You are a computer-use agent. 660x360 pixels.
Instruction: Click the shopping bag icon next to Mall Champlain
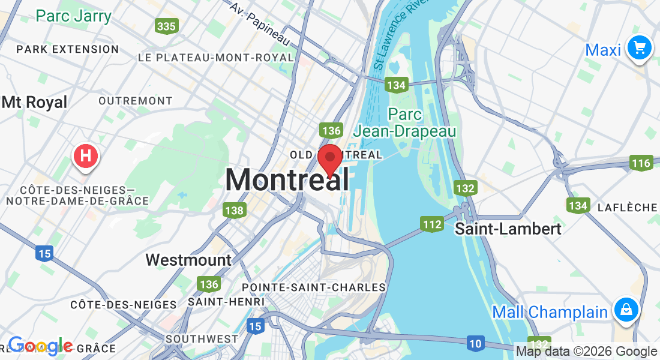626,310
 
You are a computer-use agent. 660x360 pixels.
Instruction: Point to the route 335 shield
166,26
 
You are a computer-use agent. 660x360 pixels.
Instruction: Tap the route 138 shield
234,210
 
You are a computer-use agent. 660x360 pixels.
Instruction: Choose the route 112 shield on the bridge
432,225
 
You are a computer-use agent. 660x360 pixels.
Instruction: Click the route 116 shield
641,163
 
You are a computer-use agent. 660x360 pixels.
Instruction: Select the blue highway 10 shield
475,343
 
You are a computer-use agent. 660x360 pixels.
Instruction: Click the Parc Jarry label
74,16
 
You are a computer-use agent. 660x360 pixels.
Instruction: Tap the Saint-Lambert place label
508,229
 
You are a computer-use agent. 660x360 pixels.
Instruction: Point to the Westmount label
188,260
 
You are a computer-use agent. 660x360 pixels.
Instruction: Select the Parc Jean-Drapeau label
404,122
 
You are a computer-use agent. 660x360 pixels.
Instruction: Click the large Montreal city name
287,179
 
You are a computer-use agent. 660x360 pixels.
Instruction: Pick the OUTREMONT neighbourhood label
136,101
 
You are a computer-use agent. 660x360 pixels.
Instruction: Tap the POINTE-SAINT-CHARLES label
314,287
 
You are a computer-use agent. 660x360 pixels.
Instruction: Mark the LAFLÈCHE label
628,208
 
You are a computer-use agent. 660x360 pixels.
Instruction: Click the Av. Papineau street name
260,24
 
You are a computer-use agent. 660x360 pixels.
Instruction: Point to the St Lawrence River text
396,38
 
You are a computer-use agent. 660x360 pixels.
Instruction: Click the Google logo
41,346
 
